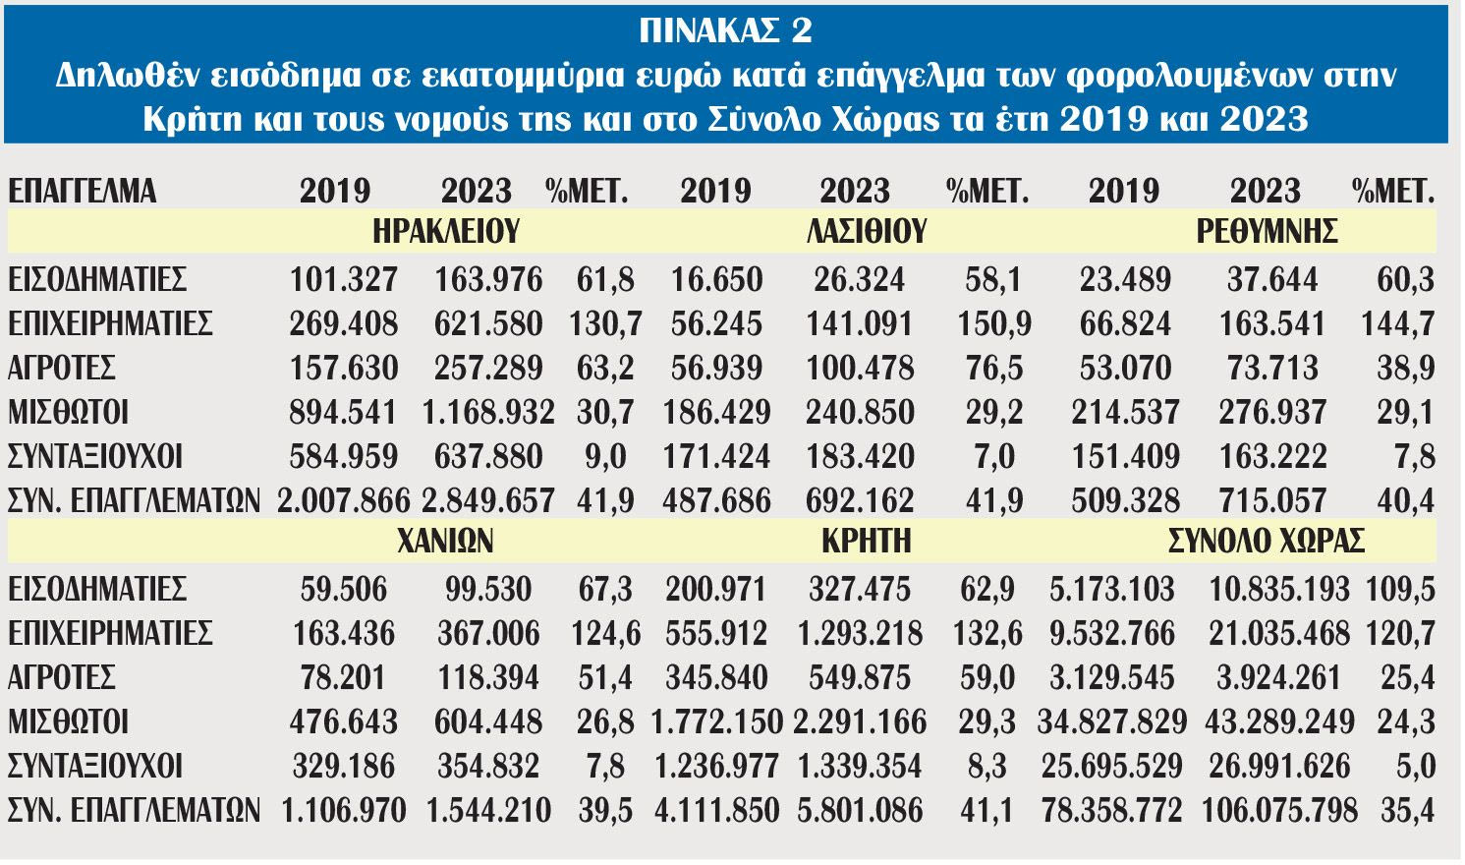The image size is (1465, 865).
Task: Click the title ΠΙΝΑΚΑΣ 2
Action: tap(726, 30)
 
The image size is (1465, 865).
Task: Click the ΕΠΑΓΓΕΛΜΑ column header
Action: tap(83, 190)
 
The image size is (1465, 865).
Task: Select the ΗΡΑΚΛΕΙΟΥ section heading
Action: tap(446, 232)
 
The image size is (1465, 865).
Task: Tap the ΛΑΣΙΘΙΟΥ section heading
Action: tap(867, 232)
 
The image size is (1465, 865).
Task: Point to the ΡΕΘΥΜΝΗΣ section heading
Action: tap(1267, 232)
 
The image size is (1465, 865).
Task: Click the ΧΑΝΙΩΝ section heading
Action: tap(446, 541)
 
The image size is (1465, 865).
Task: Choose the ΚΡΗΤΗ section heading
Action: tap(867, 541)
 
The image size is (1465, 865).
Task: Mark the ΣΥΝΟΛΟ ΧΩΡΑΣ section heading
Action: tap(1267, 541)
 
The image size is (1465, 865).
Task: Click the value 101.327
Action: tap(344, 280)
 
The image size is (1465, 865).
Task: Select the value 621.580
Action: tap(488, 324)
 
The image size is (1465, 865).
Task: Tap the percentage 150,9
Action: tap(993, 324)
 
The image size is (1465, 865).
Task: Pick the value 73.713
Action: tap(1272, 369)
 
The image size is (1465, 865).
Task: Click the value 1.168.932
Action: tap(488, 413)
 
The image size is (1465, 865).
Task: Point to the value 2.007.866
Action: tap(344, 501)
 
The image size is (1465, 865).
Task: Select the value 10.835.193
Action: tap(1279, 590)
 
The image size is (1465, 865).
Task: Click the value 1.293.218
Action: tap(860, 634)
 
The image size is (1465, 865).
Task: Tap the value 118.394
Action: tap(488, 678)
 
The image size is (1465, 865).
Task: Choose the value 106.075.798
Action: tap(1279, 811)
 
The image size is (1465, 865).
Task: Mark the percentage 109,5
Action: tap(1400, 590)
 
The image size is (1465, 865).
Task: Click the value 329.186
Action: tap(344, 767)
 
